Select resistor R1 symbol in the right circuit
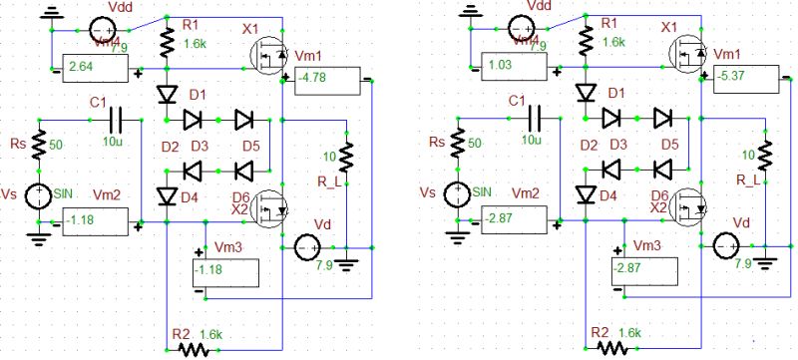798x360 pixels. click(x=587, y=39)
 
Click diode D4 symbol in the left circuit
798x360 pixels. click(x=166, y=194)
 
